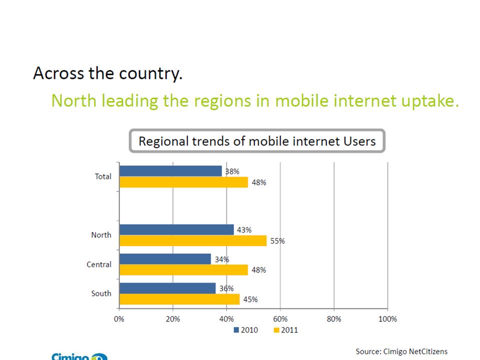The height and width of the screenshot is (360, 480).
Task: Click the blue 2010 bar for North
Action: point(176,229)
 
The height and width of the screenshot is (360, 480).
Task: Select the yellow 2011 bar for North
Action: point(193,240)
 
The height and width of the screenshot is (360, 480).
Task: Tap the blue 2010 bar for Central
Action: point(165,259)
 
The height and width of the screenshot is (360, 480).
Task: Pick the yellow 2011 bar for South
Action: point(179,299)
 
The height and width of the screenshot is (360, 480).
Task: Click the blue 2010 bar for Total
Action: point(170,171)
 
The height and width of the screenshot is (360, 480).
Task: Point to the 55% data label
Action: point(277,241)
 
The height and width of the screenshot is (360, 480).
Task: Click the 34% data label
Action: point(222,259)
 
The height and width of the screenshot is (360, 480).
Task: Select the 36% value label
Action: point(226,288)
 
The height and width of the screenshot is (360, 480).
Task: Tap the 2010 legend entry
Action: point(245,330)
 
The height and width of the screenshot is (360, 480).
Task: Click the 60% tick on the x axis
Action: point(280,319)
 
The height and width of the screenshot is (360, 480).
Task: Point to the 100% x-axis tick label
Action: point(387,319)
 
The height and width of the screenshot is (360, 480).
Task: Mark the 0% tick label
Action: point(119,319)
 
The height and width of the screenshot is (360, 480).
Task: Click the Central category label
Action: point(99,264)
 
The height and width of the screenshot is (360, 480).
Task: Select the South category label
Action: point(101,293)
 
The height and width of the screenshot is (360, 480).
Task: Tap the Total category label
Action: point(103,176)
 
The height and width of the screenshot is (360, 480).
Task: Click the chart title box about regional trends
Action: point(257,141)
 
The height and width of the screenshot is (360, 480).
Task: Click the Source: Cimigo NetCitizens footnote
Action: point(401,352)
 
